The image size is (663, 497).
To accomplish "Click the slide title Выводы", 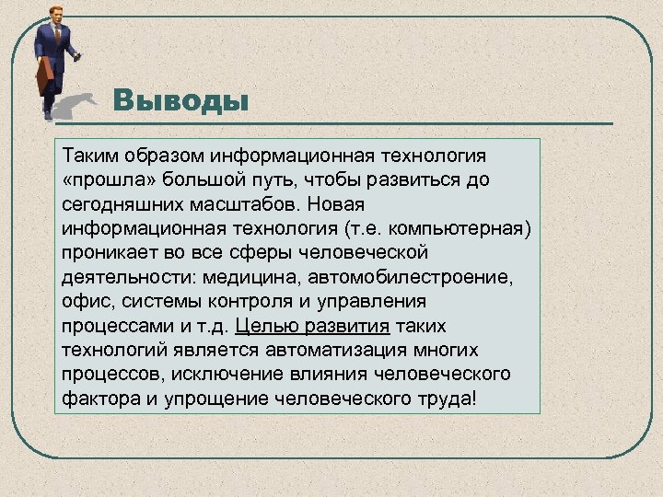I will (x=180, y=99).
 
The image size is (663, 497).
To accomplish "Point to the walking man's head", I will (x=55, y=14).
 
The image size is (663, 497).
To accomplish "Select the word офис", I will (x=84, y=301).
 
